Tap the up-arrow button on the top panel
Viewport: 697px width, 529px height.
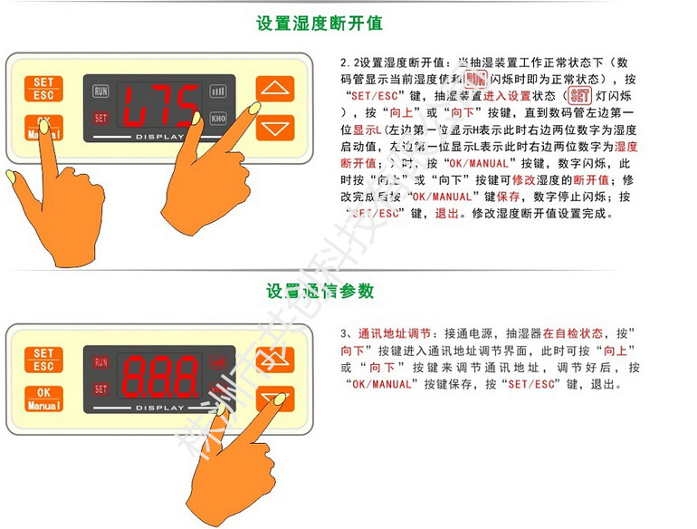[275, 89]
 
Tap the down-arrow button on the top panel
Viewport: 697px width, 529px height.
[275, 127]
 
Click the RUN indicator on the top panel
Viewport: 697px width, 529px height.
[100, 91]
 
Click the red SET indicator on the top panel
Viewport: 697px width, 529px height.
[100, 118]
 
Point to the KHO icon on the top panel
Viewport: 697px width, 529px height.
[218, 119]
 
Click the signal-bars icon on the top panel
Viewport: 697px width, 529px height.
[218, 91]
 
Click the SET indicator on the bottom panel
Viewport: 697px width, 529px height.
[100, 389]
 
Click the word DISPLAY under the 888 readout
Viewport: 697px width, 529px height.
[159, 409]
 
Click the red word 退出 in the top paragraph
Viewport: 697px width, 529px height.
[447, 215]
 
